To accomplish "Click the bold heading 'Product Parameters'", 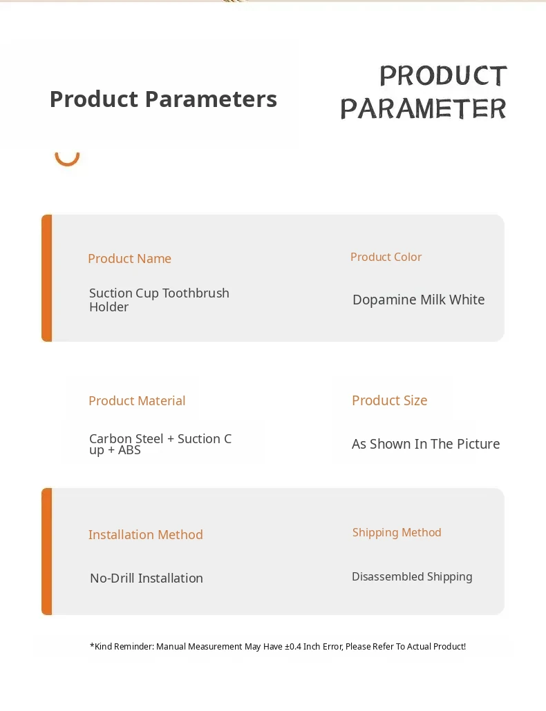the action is [x=163, y=99].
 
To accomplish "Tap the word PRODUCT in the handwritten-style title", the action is [x=443, y=75].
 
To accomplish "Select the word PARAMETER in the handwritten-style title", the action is [x=423, y=108].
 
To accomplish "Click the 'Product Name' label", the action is [x=129, y=258].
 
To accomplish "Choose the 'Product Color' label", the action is [x=386, y=257].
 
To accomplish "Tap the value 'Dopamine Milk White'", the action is [x=418, y=300].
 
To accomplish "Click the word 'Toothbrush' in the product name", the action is [x=196, y=293].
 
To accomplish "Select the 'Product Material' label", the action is [x=137, y=401].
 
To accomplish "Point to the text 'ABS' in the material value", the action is [x=129, y=450].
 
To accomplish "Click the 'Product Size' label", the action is [x=389, y=400].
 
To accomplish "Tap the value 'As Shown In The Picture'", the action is [x=426, y=444].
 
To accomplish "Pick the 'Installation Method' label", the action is [x=145, y=534].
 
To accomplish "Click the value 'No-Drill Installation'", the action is [x=146, y=578].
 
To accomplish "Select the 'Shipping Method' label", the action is [x=397, y=532].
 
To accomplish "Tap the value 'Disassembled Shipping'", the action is [x=412, y=576].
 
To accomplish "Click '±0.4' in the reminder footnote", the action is [x=293, y=647].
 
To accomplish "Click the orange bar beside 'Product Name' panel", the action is [x=47, y=278].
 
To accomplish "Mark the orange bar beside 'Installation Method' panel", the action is [x=47, y=552].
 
